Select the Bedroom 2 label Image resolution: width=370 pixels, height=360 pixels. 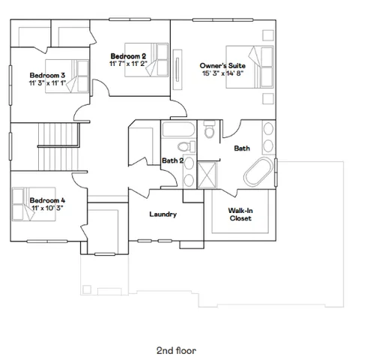127,56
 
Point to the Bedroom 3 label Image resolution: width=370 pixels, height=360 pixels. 47,75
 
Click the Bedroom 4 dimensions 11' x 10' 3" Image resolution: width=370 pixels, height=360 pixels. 47,208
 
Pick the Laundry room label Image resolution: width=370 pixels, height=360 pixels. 163,214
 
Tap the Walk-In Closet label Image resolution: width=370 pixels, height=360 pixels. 240,214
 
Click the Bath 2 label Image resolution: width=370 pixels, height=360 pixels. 173,160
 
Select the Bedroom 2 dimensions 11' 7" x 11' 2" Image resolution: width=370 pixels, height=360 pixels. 127,64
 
